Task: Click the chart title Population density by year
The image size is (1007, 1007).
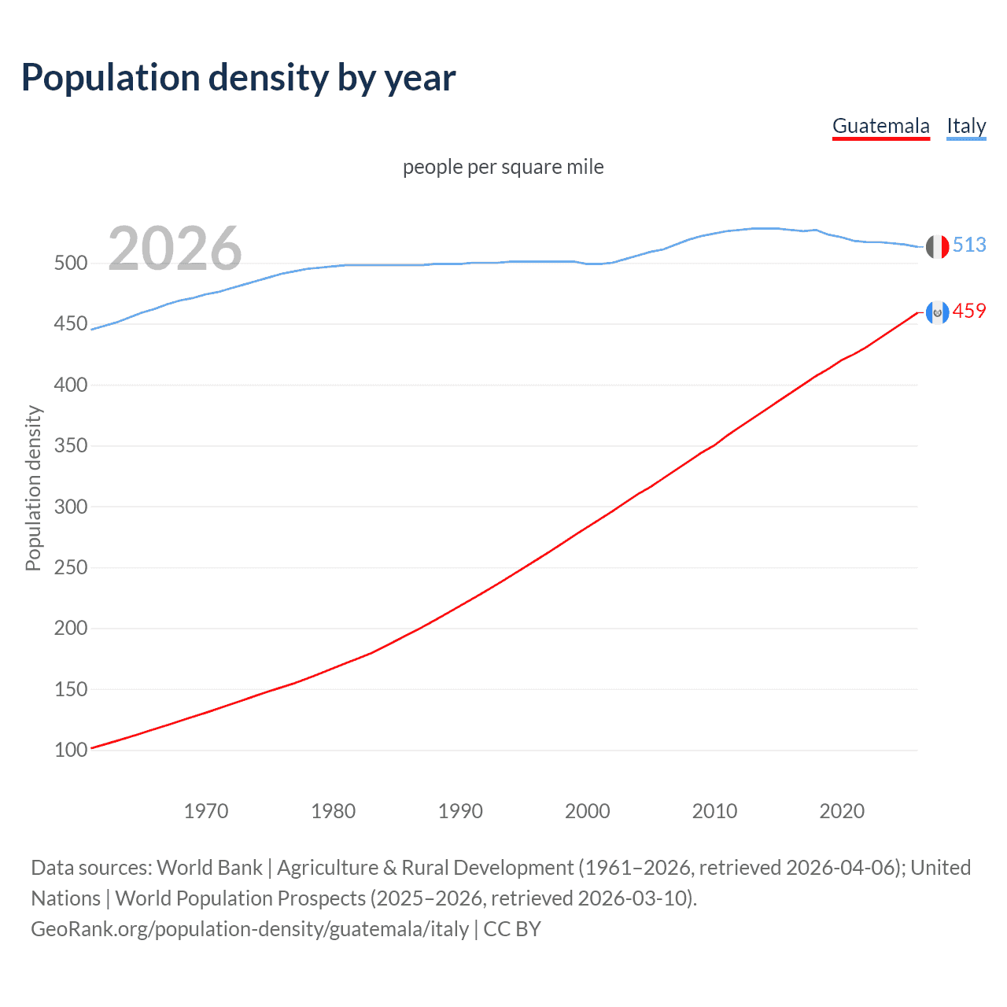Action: [238, 78]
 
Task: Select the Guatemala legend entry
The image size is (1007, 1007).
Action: [880, 126]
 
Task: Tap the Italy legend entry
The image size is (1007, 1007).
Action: [966, 126]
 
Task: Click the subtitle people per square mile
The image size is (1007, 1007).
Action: [503, 167]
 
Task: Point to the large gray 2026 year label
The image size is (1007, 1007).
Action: [175, 249]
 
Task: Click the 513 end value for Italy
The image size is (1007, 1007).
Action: [969, 245]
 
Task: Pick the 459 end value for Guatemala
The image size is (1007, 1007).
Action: [969, 311]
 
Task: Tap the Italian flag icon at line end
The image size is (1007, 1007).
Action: [937, 246]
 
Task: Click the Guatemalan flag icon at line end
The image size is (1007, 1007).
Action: [937, 312]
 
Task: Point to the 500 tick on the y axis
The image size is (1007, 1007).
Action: [71, 264]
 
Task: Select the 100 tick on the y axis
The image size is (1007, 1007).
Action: [71, 750]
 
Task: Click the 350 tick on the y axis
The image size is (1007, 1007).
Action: [71, 446]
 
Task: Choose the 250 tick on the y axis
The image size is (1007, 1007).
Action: [71, 567]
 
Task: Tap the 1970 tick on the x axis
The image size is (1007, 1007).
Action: [206, 811]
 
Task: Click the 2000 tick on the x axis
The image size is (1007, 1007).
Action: [588, 811]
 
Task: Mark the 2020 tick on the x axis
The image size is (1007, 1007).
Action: [842, 811]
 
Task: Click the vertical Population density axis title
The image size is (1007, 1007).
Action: [33, 488]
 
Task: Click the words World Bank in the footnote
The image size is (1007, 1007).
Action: [209, 868]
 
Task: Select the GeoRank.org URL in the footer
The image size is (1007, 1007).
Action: [249, 929]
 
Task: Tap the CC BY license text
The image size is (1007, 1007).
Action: [512, 929]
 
